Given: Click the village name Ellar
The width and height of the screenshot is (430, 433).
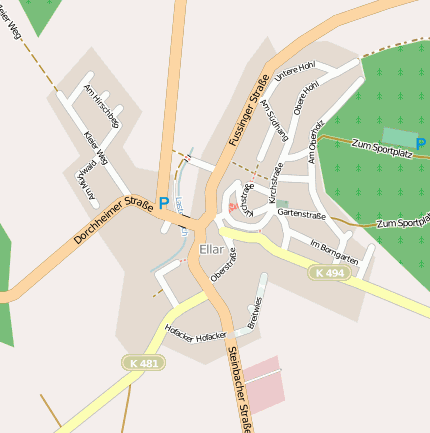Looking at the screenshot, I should [x=213, y=249].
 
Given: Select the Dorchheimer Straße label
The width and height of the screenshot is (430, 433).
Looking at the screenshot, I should [x=112, y=222].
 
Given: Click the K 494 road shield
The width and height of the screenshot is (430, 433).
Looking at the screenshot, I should [x=326, y=273].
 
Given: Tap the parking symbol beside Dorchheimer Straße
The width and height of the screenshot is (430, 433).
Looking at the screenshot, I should [x=164, y=203].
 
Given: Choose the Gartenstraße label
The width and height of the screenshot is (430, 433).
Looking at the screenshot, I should [x=302, y=213].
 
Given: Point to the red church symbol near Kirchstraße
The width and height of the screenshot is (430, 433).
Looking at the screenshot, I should [x=234, y=207].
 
